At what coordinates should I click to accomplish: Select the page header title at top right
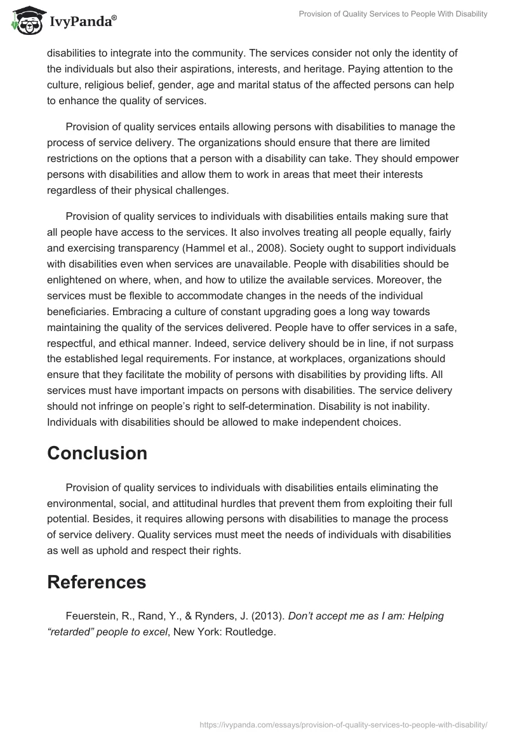393,14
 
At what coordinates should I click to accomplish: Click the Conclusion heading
97,453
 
